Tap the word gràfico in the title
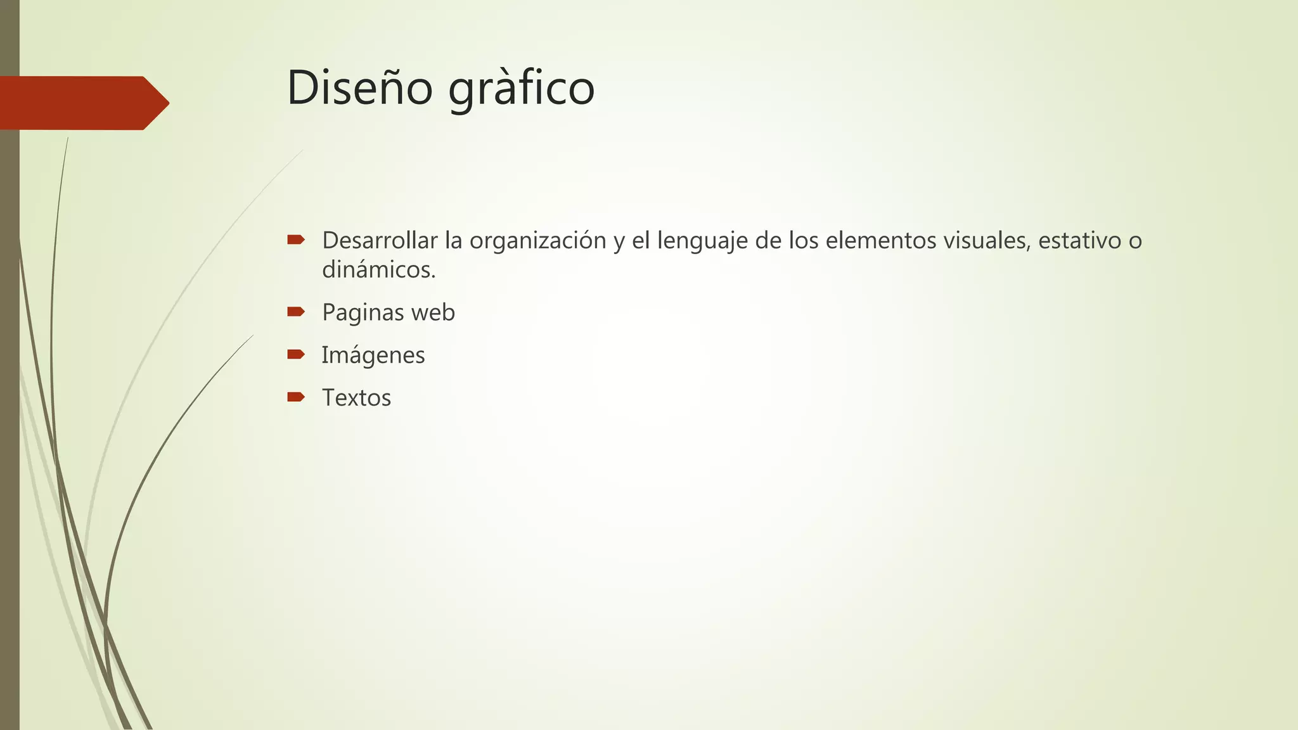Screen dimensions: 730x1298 [x=521, y=89]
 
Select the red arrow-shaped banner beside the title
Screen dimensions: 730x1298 [x=82, y=103]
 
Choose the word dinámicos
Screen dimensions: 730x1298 [x=378, y=270]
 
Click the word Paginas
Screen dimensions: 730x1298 [x=363, y=312]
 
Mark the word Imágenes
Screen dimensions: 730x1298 [x=373, y=355]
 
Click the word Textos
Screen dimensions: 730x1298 [x=356, y=398]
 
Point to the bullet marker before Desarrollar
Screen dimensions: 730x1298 [x=296, y=240]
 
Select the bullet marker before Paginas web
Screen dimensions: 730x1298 [x=296, y=311]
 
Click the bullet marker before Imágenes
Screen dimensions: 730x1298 [x=296, y=354]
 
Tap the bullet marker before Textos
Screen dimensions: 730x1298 [x=296, y=397]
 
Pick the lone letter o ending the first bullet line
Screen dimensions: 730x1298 [x=1135, y=241]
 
